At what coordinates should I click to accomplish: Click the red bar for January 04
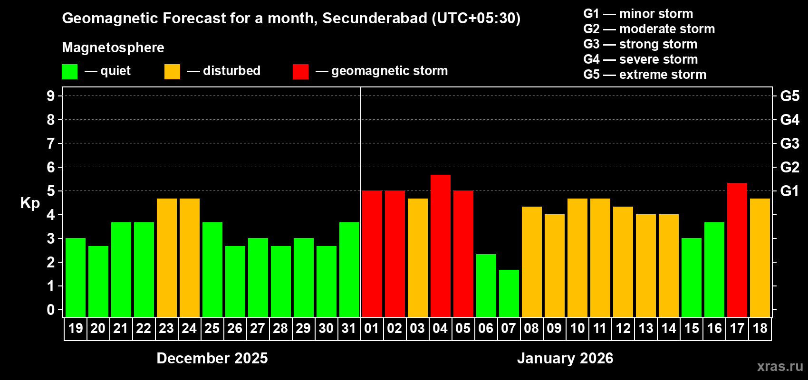click(x=440, y=246)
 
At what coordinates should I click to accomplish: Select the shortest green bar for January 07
click(x=509, y=294)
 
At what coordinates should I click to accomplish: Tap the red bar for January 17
click(x=737, y=250)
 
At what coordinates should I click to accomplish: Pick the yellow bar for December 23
click(x=166, y=258)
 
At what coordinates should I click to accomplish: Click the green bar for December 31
click(x=349, y=270)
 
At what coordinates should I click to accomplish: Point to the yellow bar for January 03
click(x=417, y=258)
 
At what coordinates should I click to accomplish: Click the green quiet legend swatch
click(x=69, y=72)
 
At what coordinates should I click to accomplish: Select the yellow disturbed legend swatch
click(x=172, y=72)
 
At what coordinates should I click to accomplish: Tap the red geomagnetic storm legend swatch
click(x=300, y=72)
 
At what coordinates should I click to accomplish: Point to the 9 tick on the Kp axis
click(x=51, y=96)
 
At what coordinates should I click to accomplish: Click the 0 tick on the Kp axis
click(x=51, y=310)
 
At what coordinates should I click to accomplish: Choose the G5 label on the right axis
click(x=789, y=96)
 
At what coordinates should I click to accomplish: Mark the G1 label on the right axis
click(x=789, y=191)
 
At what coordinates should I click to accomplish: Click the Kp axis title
click(x=30, y=203)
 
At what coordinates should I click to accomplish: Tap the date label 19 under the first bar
click(x=75, y=328)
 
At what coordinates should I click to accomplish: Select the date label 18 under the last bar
click(x=760, y=328)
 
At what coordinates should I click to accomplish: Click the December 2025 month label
click(x=212, y=358)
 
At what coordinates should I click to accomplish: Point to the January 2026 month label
click(x=565, y=358)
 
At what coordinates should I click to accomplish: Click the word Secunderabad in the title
click(x=375, y=19)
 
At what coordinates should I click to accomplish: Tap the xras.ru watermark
click(x=779, y=366)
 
